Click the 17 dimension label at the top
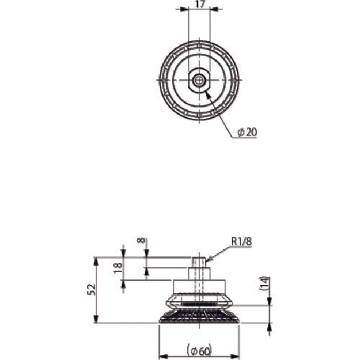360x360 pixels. click(x=199, y=4)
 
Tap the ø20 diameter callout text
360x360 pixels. click(x=247, y=132)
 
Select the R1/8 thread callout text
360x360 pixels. click(x=241, y=241)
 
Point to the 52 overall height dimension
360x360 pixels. click(x=93, y=289)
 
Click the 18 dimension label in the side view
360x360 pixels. click(x=118, y=268)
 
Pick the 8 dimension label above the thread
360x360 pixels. click(x=142, y=240)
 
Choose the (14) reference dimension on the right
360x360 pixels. click(x=264, y=284)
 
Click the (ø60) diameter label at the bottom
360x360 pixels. click(x=199, y=351)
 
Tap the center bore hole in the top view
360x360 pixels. click(x=198, y=80)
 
